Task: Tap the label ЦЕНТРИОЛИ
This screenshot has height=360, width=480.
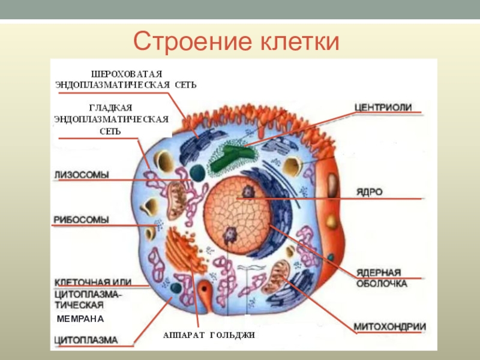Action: tap(382, 107)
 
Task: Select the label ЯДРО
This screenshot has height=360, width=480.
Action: tap(370, 192)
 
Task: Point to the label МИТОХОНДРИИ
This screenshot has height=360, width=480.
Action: tap(389, 327)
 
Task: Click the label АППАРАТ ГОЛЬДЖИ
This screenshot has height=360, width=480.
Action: tap(209, 335)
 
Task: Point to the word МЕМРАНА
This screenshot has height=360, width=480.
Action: tap(80, 318)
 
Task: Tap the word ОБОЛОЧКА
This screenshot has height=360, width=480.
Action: tap(381, 283)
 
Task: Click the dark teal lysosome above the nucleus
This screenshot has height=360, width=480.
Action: tap(196, 173)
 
